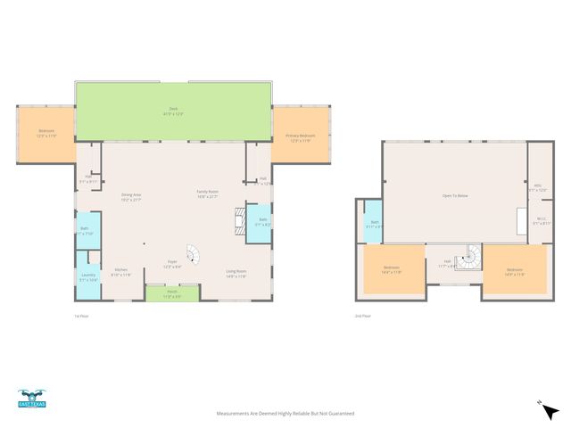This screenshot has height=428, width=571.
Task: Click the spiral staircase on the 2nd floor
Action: [471, 258]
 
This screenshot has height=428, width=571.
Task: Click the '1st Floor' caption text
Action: [81, 317]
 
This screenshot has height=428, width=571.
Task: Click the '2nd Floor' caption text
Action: [363, 317]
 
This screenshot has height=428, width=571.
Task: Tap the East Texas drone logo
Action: [31, 399]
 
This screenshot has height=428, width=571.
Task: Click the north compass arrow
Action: [550, 410]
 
